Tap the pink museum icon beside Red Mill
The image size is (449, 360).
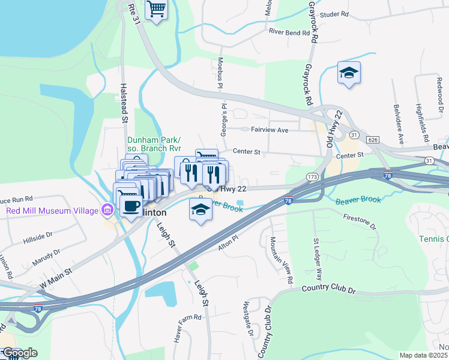tap(108, 210)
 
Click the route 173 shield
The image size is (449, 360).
tap(312, 177)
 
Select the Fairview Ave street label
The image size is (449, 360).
tap(270, 130)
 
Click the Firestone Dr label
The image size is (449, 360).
tap(360, 221)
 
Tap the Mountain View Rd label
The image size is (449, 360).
tap(281, 260)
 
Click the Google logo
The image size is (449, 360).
tap(20, 353)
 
